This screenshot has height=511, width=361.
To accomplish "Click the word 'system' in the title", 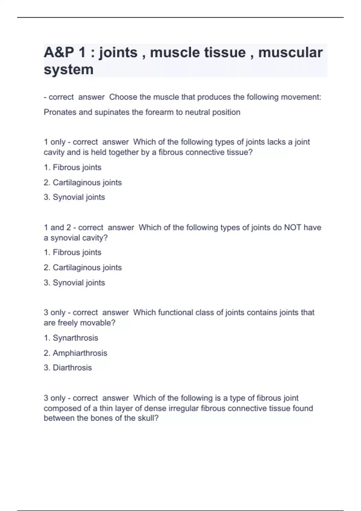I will pyautogui.click(x=69, y=70).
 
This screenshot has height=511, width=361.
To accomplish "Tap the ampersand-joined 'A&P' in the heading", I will pyautogui.click(x=59, y=53).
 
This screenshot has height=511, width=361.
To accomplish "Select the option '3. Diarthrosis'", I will pyautogui.click(x=68, y=368).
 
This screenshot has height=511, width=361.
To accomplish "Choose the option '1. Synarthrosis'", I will pyautogui.click(x=71, y=338).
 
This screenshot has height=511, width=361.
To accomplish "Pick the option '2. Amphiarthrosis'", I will pyautogui.click(x=76, y=353).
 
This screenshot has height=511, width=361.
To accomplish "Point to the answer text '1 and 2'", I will pyautogui.click(x=57, y=228).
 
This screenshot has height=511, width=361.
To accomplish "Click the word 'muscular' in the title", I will pyautogui.click(x=290, y=53).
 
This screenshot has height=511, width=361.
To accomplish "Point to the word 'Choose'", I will pyautogui.click(x=123, y=97).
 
